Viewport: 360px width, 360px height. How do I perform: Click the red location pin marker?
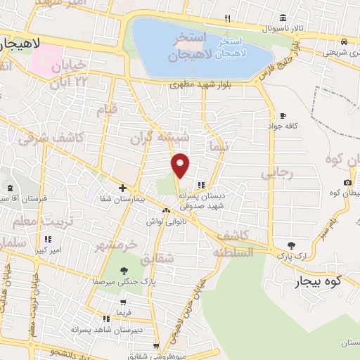(181, 164)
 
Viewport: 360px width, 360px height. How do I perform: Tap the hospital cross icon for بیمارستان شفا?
(122, 188)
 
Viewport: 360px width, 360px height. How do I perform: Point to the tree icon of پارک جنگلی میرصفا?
(124, 271)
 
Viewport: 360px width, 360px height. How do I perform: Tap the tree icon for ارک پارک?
(292, 245)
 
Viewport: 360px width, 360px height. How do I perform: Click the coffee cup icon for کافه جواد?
(283, 115)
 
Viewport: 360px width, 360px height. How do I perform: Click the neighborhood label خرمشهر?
(117, 245)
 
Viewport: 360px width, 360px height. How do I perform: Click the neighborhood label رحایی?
(276, 172)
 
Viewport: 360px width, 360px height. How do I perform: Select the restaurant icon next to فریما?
(107, 317)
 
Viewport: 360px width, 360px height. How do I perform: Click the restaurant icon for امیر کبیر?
(48, 239)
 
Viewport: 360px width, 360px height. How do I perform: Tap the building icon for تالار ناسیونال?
(282, 18)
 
